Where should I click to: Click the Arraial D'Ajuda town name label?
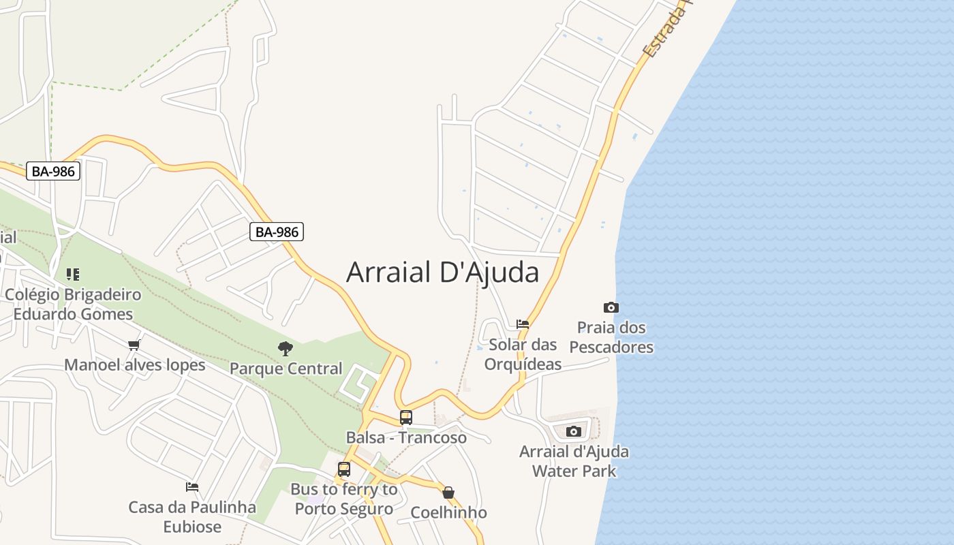(x=442, y=272)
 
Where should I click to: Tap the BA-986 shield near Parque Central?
(x=276, y=232)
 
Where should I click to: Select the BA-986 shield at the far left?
(x=53, y=171)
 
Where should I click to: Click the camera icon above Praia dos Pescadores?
(x=611, y=308)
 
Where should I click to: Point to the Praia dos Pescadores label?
(x=611, y=337)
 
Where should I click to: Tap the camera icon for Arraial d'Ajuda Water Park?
(x=573, y=431)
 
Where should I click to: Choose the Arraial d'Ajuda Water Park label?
(x=574, y=461)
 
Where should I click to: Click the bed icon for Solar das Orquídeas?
(x=523, y=324)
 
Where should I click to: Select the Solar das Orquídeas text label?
(x=523, y=354)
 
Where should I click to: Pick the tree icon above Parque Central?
(x=286, y=349)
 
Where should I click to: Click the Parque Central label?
(x=286, y=369)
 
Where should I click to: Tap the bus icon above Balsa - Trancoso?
(x=406, y=418)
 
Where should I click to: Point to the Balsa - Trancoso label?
(x=406, y=437)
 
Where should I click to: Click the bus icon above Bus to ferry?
(x=344, y=469)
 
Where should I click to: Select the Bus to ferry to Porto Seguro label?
(x=344, y=499)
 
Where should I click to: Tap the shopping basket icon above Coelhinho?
(x=448, y=493)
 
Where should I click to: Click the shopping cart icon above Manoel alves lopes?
(x=134, y=345)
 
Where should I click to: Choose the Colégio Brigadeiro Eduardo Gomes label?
(x=73, y=305)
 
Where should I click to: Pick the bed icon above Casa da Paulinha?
(x=192, y=487)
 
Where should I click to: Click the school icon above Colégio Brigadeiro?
(x=73, y=275)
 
